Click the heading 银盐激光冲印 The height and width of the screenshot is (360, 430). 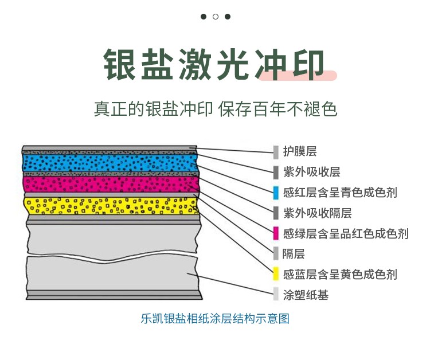coord(214,65)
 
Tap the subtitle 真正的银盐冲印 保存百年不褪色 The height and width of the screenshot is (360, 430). coord(215,109)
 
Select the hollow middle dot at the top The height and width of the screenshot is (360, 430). coord(216,17)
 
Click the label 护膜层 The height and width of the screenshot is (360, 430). coord(300,151)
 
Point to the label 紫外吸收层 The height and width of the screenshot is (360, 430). coord(311,172)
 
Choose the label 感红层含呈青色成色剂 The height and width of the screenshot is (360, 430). coord(340,193)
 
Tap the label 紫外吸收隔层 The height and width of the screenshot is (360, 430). coord(317,213)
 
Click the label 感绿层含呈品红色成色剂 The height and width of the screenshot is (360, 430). coord(346,234)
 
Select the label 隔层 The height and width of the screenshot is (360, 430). coord(294,253)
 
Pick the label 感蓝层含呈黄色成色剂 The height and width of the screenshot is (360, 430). coord(340,274)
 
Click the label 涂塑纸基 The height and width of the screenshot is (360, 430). coord(306,295)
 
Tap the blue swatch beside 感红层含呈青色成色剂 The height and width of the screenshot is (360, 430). coord(276,193)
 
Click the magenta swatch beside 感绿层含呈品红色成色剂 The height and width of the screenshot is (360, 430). coord(276,233)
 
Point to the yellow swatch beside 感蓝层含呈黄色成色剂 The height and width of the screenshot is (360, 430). coord(276,274)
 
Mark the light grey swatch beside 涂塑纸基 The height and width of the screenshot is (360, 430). coord(276,295)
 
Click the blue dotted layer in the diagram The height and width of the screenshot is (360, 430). coord(110,163)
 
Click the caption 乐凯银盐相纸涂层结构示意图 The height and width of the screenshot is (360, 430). coord(215,319)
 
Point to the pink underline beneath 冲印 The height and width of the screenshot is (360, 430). coord(298,76)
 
